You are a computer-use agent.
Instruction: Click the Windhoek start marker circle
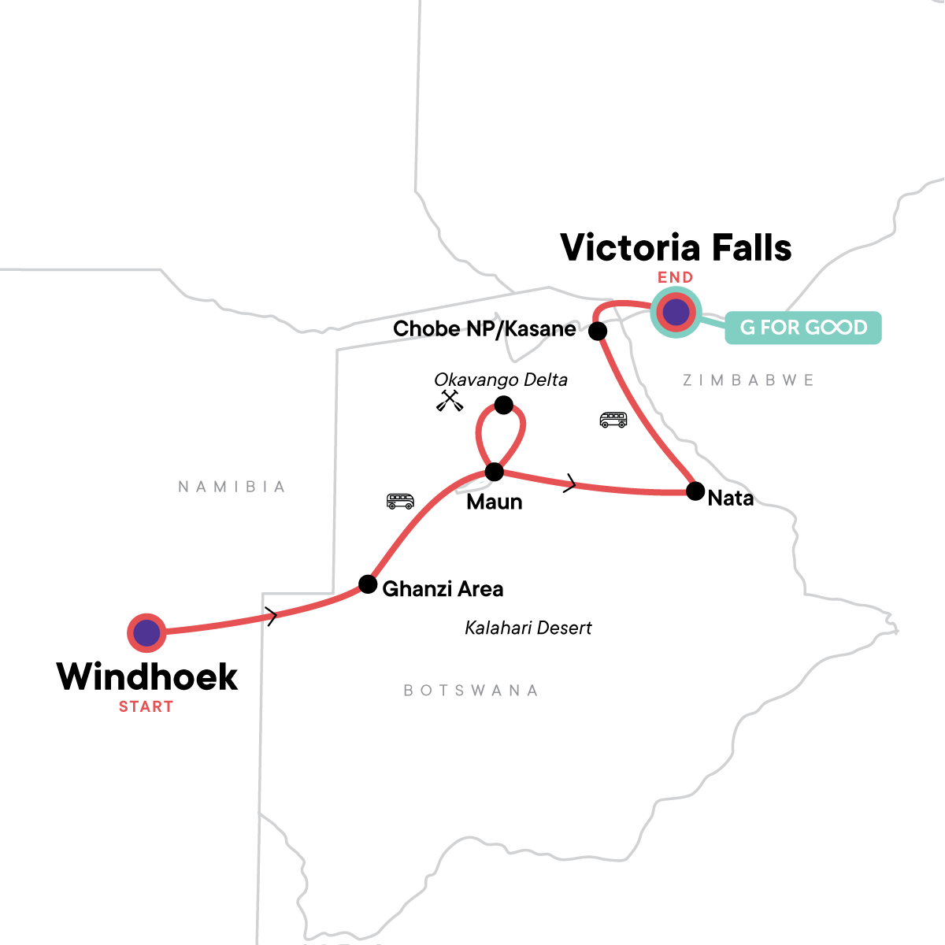click(146, 632)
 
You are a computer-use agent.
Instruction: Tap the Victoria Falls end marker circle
click(676, 313)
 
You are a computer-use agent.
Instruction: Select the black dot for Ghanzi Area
click(368, 584)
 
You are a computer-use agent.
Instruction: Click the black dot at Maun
click(494, 472)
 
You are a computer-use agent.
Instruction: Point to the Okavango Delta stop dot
click(503, 406)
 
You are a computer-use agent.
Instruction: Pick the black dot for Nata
click(695, 491)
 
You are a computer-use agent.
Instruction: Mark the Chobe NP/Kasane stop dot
click(598, 332)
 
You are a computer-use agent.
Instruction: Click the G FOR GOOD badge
click(802, 328)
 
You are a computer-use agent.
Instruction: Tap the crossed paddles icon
click(450, 401)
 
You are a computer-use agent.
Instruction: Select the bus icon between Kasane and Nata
click(613, 420)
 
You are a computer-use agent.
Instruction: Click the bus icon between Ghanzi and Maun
click(400, 501)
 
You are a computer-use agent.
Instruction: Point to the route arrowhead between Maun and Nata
click(570, 484)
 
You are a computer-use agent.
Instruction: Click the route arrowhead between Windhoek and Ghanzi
click(272, 617)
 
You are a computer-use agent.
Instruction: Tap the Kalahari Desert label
click(528, 628)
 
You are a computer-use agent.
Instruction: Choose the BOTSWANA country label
click(471, 691)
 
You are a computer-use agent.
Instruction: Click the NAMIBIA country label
click(232, 487)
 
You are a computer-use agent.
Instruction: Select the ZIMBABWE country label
click(748, 380)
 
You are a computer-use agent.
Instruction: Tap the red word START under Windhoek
click(146, 707)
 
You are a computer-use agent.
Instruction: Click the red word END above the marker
click(676, 277)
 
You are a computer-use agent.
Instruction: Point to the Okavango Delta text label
click(501, 380)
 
